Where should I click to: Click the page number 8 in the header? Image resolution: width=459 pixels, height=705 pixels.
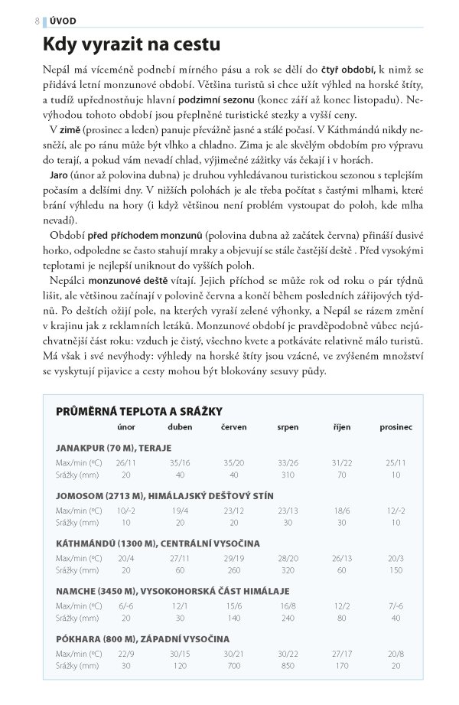(x=37, y=21)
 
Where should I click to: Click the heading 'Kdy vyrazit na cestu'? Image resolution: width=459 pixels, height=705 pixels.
(x=132, y=45)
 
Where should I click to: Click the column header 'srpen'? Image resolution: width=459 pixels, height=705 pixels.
(x=288, y=427)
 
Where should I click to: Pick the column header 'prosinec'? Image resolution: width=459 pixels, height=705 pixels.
(x=396, y=427)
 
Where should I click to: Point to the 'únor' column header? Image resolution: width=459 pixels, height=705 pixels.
(x=125, y=427)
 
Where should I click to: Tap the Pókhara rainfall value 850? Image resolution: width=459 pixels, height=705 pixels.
(x=288, y=666)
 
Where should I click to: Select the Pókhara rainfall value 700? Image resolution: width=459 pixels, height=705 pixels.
(x=233, y=666)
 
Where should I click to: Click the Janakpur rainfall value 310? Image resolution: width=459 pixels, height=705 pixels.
(x=288, y=475)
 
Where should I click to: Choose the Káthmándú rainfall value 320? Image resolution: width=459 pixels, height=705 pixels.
(x=288, y=570)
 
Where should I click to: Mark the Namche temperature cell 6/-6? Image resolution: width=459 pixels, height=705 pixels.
(x=125, y=605)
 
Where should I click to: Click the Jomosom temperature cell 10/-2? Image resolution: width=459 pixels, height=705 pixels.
(x=125, y=510)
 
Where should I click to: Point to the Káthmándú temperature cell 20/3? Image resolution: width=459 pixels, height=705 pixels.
(x=396, y=558)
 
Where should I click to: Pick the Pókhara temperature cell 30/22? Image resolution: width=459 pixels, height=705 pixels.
(x=288, y=654)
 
